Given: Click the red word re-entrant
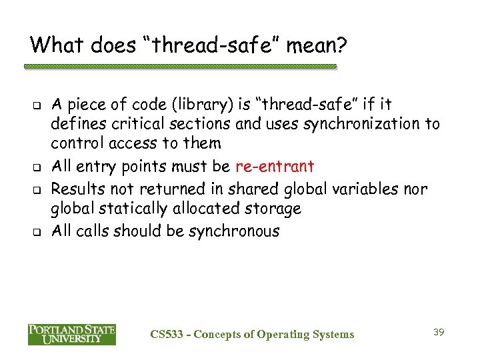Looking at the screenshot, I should click(x=275, y=167).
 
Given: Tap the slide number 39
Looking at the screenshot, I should click(x=439, y=331).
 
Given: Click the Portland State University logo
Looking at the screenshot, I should click(x=71, y=334).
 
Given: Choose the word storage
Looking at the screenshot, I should click(x=271, y=210).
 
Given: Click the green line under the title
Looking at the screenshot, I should click(x=180, y=67).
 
